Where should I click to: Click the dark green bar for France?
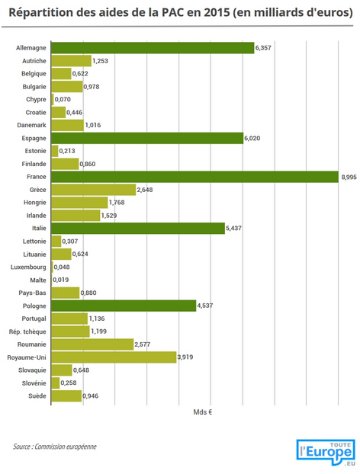(x=194, y=177)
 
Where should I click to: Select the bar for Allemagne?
(x=153, y=48)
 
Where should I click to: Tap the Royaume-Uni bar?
(x=114, y=357)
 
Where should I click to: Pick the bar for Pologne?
(x=124, y=306)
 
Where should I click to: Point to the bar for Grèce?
(x=94, y=190)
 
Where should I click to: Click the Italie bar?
(x=138, y=228)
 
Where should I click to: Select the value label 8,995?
(x=349, y=177)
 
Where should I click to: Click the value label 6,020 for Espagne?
(x=252, y=139)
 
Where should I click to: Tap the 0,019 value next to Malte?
(x=61, y=280)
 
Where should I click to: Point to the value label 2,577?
(x=142, y=344)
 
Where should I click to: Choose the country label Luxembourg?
(x=28, y=267)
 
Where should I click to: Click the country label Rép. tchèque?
(x=27, y=331)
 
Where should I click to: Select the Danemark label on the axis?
(x=32, y=125)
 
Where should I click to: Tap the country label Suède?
(x=37, y=396)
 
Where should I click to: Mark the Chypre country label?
(x=36, y=100)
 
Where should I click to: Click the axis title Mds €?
(x=203, y=412)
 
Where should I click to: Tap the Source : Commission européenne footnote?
(x=55, y=447)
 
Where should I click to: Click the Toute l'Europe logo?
(x=326, y=452)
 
